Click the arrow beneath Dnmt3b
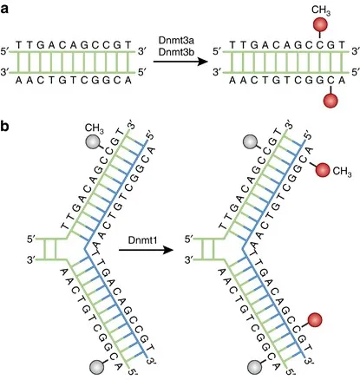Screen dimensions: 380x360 pos(183,75)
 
